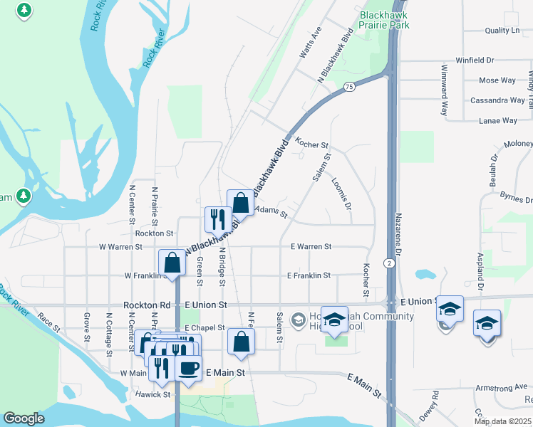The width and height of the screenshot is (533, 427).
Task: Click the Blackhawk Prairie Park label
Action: click(385, 19)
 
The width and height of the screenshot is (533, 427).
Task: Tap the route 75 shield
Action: click(348, 87)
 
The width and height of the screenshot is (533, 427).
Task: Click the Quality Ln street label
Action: click(502, 31)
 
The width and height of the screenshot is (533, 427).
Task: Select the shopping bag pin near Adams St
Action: click(241, 202)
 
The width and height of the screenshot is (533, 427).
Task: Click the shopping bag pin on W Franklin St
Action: click(172, 263)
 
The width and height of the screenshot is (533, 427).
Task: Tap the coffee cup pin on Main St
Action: click(188, 367)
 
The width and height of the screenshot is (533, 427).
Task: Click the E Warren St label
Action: click(311, 247)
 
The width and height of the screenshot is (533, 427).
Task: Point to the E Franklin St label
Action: click(309, 275)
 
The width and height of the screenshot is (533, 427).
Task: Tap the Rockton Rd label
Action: click(147, 305)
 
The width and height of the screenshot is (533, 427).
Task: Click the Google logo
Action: click(24, 418)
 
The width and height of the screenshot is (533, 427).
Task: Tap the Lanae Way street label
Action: click(498, 121)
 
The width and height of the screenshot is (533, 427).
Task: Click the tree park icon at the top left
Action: click(24, 11)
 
